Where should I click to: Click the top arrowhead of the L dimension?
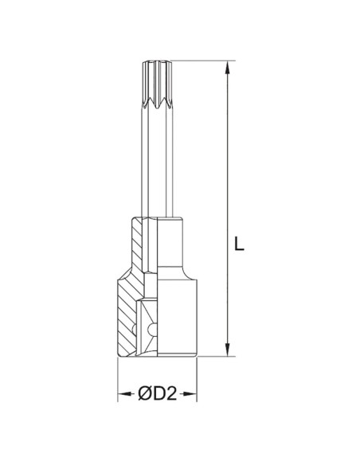tap(229, 66)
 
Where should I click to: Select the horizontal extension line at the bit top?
tap(199, 60)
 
